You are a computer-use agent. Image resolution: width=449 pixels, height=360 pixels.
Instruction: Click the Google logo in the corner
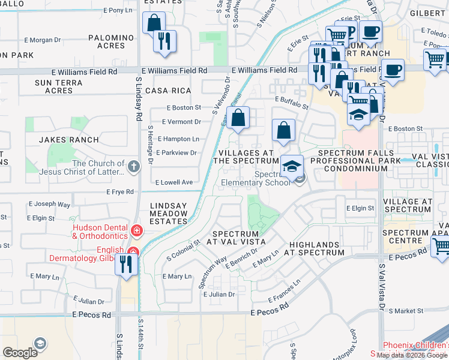[x=20, y=353]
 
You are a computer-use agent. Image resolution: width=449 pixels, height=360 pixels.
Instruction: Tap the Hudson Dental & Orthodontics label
[x=100, y=231]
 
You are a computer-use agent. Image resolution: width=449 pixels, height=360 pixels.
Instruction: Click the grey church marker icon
[x=133, y=164]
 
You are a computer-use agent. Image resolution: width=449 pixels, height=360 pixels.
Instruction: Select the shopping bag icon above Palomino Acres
[x=154, y=23]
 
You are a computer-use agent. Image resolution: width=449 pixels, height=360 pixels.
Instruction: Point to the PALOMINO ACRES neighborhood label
[x=111, y=41]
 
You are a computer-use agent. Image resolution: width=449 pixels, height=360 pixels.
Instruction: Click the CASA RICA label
[x=168, y=91]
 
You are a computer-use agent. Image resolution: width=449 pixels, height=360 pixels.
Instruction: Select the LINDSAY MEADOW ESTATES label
[x=168, y=214]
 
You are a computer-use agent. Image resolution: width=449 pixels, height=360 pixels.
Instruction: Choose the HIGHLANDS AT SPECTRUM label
[x=317, y=249]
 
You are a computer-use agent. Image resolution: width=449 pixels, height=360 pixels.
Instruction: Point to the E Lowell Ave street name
[x=174, y=182]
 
